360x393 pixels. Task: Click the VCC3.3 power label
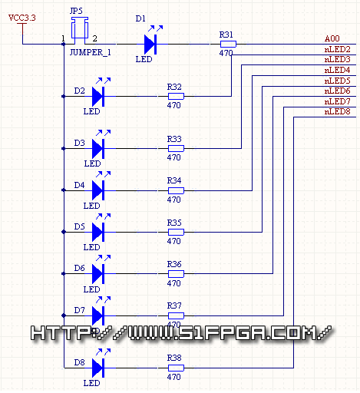(22, 18)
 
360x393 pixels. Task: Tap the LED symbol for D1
(150, 45)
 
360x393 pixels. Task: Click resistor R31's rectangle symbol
(228, 45)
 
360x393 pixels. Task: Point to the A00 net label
(332, 38)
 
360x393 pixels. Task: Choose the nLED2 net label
(337, 49)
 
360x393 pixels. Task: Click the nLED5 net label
(337, 81)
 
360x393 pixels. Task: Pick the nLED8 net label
(337, 111)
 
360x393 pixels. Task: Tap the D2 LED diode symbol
(98, 97)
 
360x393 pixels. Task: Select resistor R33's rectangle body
(176, 148)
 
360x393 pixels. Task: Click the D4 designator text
(79, 185)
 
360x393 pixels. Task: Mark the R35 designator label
(174, 223)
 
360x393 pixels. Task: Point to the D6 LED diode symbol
(98, 274)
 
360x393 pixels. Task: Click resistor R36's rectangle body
(176, 274)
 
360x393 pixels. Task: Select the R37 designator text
(174, 305)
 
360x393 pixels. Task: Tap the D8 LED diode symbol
(98, 368)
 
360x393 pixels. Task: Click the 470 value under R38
(174, 377)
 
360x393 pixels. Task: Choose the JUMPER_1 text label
(91, 53)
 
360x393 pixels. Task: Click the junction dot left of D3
(64, 148)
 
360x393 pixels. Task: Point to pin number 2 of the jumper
(94, 38)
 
